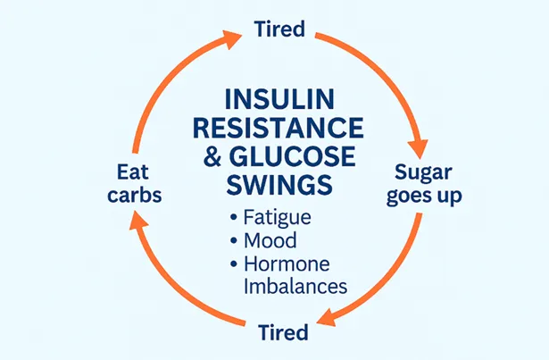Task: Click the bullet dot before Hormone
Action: [234, 265]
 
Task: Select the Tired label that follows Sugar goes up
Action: [282, 333]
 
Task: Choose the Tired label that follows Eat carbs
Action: [279, 29]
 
